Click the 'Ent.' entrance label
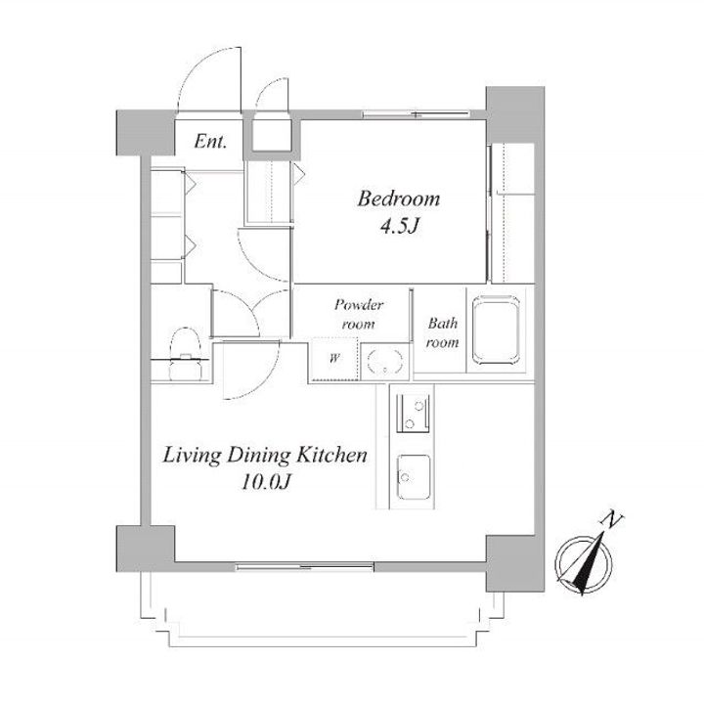(x=210, y=142)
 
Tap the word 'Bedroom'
(x=399, y=198)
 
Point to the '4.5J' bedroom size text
(x=399, y=227)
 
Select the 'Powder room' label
(x=358, y=314)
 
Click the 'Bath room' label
(x=442, y=332)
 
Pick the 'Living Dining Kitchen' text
(x=265, y=456)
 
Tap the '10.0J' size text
(x=267, y=483)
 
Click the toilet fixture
(x=184, y=354)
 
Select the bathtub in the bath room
(x=498, y=330)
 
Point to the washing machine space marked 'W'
(x=333, y=358)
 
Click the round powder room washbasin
(x=385, y=360)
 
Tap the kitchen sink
(x=413, y=477)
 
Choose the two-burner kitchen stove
(x=413, y=413)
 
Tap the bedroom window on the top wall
(x=417, y=114)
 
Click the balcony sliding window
(x=305, y=567)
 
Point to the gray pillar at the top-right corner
(x=515, y=115)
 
